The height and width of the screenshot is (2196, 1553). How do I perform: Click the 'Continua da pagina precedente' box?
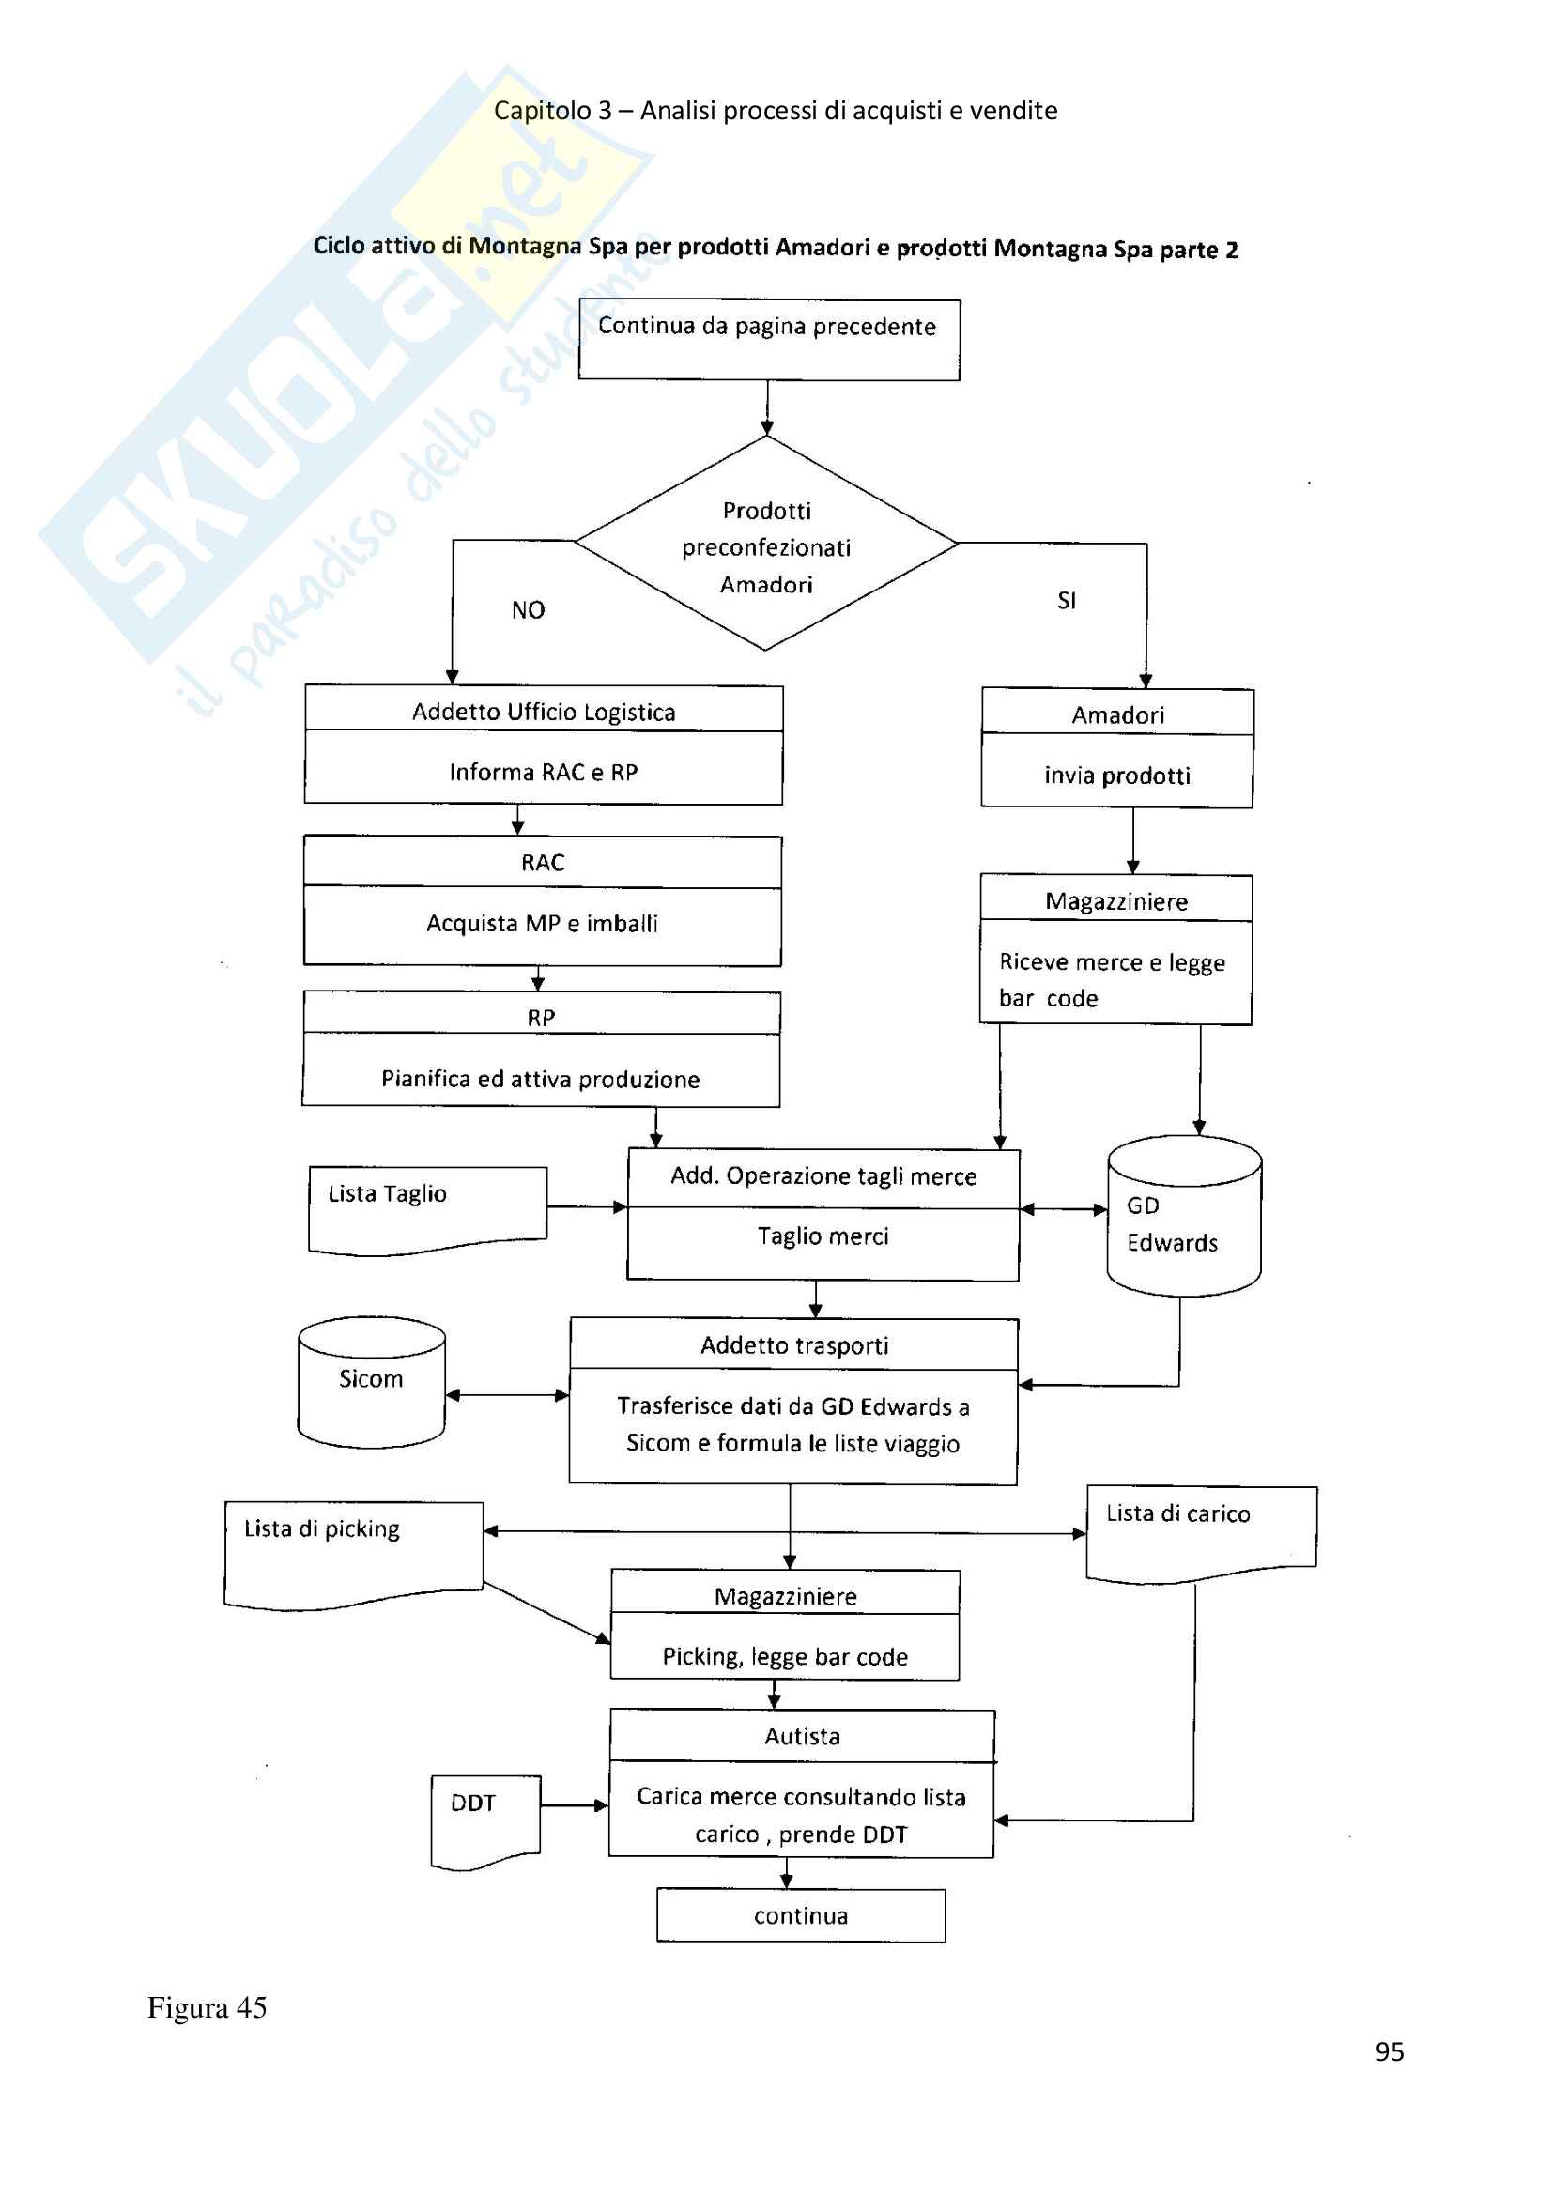click(x=768, y=340)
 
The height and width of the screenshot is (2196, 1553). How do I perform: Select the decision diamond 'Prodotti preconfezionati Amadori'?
click(x=766, y=545)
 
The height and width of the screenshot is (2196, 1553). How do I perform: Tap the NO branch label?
click(x=528, y=610)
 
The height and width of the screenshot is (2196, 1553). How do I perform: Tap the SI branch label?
click(x=1067, y=601)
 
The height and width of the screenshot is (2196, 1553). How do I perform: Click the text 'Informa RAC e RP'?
click(x=543, y=772)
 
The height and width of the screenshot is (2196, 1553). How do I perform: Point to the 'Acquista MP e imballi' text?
click(x=542, y=923)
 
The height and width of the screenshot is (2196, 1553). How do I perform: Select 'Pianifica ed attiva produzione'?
click(x=540, y=1079)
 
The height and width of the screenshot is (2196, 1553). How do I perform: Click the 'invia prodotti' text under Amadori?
click(x=1117, y=775)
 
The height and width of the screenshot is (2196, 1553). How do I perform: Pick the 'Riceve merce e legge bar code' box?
click(x=1115, y=978)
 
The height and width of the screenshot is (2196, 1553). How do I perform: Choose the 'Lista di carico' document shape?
click(x=1201, y=1531)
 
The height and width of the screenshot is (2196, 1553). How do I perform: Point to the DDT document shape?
click(x=484, y=1819)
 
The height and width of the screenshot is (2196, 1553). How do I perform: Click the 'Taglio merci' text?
click(x=823, y=1236)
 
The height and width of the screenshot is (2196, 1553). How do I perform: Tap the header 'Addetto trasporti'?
click(x=793, y=1345)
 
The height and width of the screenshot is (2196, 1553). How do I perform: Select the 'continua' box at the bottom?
click(x=800, y=1916)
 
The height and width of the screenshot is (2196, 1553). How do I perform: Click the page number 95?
click(x=1390, y=2051)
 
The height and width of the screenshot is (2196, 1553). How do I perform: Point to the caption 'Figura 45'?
click(x=207, y=2006)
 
